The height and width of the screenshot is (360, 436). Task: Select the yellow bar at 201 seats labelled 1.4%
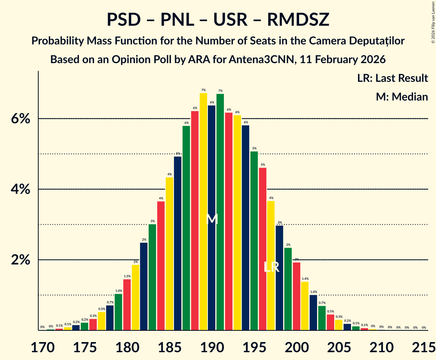pos(305,306)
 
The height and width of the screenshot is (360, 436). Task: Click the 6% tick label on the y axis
pos(20,119)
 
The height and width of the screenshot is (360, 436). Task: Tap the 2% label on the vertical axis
pos(20,260)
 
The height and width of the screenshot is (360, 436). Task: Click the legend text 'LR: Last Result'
pos(392,78)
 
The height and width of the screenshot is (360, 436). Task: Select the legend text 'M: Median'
pos(402,97)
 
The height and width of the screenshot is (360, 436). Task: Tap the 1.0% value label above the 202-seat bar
pos(314,292)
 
